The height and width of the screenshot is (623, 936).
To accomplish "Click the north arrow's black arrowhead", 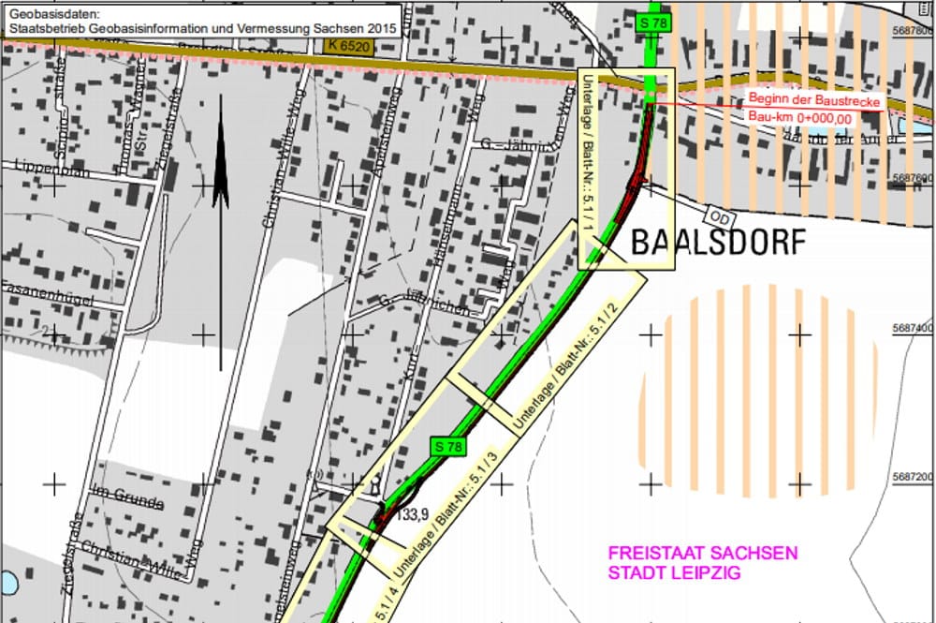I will (x=220, y=155).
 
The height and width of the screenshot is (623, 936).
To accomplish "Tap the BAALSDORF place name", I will (x=717, y=243).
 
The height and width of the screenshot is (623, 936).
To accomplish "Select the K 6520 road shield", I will (x=348, y=45).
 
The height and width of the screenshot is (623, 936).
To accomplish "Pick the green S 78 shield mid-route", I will (x=447, y=447).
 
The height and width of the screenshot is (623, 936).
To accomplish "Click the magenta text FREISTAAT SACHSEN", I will (x=703, y=554).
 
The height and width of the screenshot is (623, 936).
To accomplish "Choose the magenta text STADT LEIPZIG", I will (x=674, y=572).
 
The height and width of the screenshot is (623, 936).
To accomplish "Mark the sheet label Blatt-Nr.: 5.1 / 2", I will (x=571, y=364).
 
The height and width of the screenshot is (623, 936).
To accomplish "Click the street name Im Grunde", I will (x=127, y=503).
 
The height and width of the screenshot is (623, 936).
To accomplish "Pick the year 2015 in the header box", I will (x=381, y=28).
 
